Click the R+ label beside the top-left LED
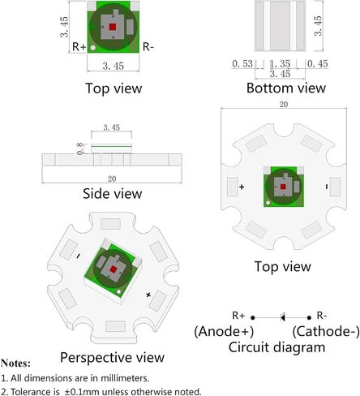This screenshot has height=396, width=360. [79, 47]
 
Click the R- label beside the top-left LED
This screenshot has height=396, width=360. [148, 47]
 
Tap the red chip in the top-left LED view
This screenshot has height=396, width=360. [113, 27]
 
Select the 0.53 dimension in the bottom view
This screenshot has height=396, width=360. [242, 64]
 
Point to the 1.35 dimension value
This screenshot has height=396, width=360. [280, 64]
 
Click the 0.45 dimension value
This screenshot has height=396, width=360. [318, 64]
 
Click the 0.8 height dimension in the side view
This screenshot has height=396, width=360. [80, 148]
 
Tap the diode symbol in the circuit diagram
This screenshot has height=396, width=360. [283, 317]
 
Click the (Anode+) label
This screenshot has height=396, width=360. [224, 331]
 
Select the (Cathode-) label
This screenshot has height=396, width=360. [326, 331]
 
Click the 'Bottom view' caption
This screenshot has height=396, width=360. [286, 88]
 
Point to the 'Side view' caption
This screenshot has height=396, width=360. [112, 194]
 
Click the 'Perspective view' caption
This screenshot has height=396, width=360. [112, 357]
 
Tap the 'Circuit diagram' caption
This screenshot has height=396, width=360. [276, 347]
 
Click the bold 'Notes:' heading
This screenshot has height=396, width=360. [15, 363]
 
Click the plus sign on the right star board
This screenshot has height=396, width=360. [242, 187]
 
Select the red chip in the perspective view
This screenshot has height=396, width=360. [113, 269]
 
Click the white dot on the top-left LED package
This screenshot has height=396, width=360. [92, 48]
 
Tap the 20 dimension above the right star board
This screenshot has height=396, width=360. [284, 105]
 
